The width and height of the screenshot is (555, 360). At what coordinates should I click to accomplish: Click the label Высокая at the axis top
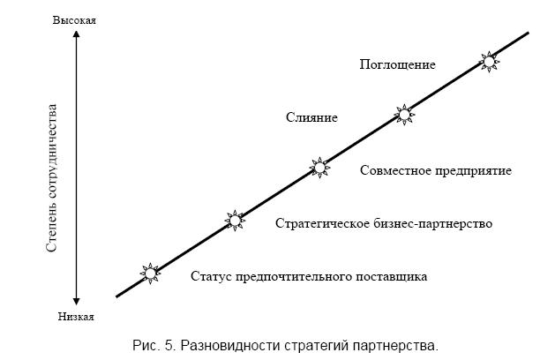(74, 20)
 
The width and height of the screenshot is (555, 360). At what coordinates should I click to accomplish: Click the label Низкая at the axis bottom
(76, 316)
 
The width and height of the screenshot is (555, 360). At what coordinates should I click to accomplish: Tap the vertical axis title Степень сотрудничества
(52, 178)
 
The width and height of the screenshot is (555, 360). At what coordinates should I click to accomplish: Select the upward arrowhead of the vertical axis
(76, 34)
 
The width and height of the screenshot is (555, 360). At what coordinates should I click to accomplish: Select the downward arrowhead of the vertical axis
(76, 301)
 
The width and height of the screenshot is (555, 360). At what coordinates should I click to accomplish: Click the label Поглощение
(397, 64)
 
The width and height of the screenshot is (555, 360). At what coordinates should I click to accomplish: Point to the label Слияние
(311, 117)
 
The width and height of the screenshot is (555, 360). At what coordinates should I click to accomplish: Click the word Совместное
(395, 170)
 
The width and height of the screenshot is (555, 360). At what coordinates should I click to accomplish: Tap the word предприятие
(473, 171)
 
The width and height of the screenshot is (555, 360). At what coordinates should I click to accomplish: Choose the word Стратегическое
(323, 224)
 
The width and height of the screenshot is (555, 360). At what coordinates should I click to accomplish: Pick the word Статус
(212, 276)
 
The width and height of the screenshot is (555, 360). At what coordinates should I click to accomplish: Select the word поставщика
(391, 276)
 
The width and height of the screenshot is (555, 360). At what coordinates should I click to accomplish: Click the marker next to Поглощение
(489, 62)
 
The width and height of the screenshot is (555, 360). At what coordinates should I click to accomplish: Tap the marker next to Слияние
(404, 115)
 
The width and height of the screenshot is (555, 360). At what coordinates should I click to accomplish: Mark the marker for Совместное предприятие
(319, 168)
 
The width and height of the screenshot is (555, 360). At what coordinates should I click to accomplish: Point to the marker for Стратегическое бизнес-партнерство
(235, 221)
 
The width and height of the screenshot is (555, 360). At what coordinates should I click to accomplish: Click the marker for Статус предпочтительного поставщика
(150, 274)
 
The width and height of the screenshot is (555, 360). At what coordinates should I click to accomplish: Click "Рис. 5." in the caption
(154, 346)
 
